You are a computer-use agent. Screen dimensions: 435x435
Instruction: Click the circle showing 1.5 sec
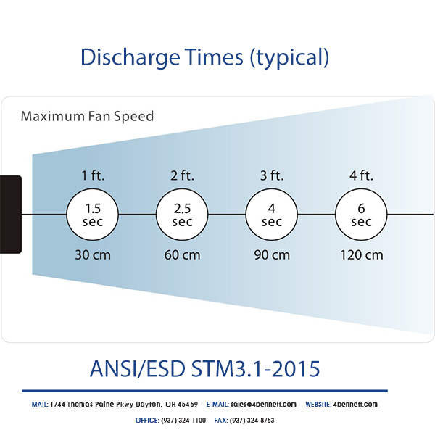93,215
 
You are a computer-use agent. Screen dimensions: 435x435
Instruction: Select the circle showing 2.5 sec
182,215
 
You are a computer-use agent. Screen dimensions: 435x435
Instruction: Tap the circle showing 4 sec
272,215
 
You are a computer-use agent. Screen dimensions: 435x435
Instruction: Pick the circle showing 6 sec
361,215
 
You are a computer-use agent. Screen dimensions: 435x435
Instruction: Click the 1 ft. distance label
93,175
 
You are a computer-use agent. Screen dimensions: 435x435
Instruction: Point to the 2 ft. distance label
182,175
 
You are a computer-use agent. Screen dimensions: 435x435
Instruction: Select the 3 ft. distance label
272,175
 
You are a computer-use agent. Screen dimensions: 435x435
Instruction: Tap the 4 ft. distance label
361,175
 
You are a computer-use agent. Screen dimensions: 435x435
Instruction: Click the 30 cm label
93,255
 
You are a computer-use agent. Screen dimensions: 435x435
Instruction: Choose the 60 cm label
182,255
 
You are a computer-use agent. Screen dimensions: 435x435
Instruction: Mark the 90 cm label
272,255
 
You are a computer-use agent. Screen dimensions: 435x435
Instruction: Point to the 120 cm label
362,255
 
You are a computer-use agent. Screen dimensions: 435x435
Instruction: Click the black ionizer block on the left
11,215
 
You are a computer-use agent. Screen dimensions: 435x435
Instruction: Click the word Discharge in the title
130,57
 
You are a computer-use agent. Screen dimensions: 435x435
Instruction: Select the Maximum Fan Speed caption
87,116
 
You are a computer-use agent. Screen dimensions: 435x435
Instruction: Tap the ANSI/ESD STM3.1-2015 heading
204,368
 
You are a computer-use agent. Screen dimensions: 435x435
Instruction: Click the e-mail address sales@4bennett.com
263,405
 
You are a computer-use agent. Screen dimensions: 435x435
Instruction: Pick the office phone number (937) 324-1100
183,420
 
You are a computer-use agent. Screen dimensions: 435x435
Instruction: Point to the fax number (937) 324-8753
252,420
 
